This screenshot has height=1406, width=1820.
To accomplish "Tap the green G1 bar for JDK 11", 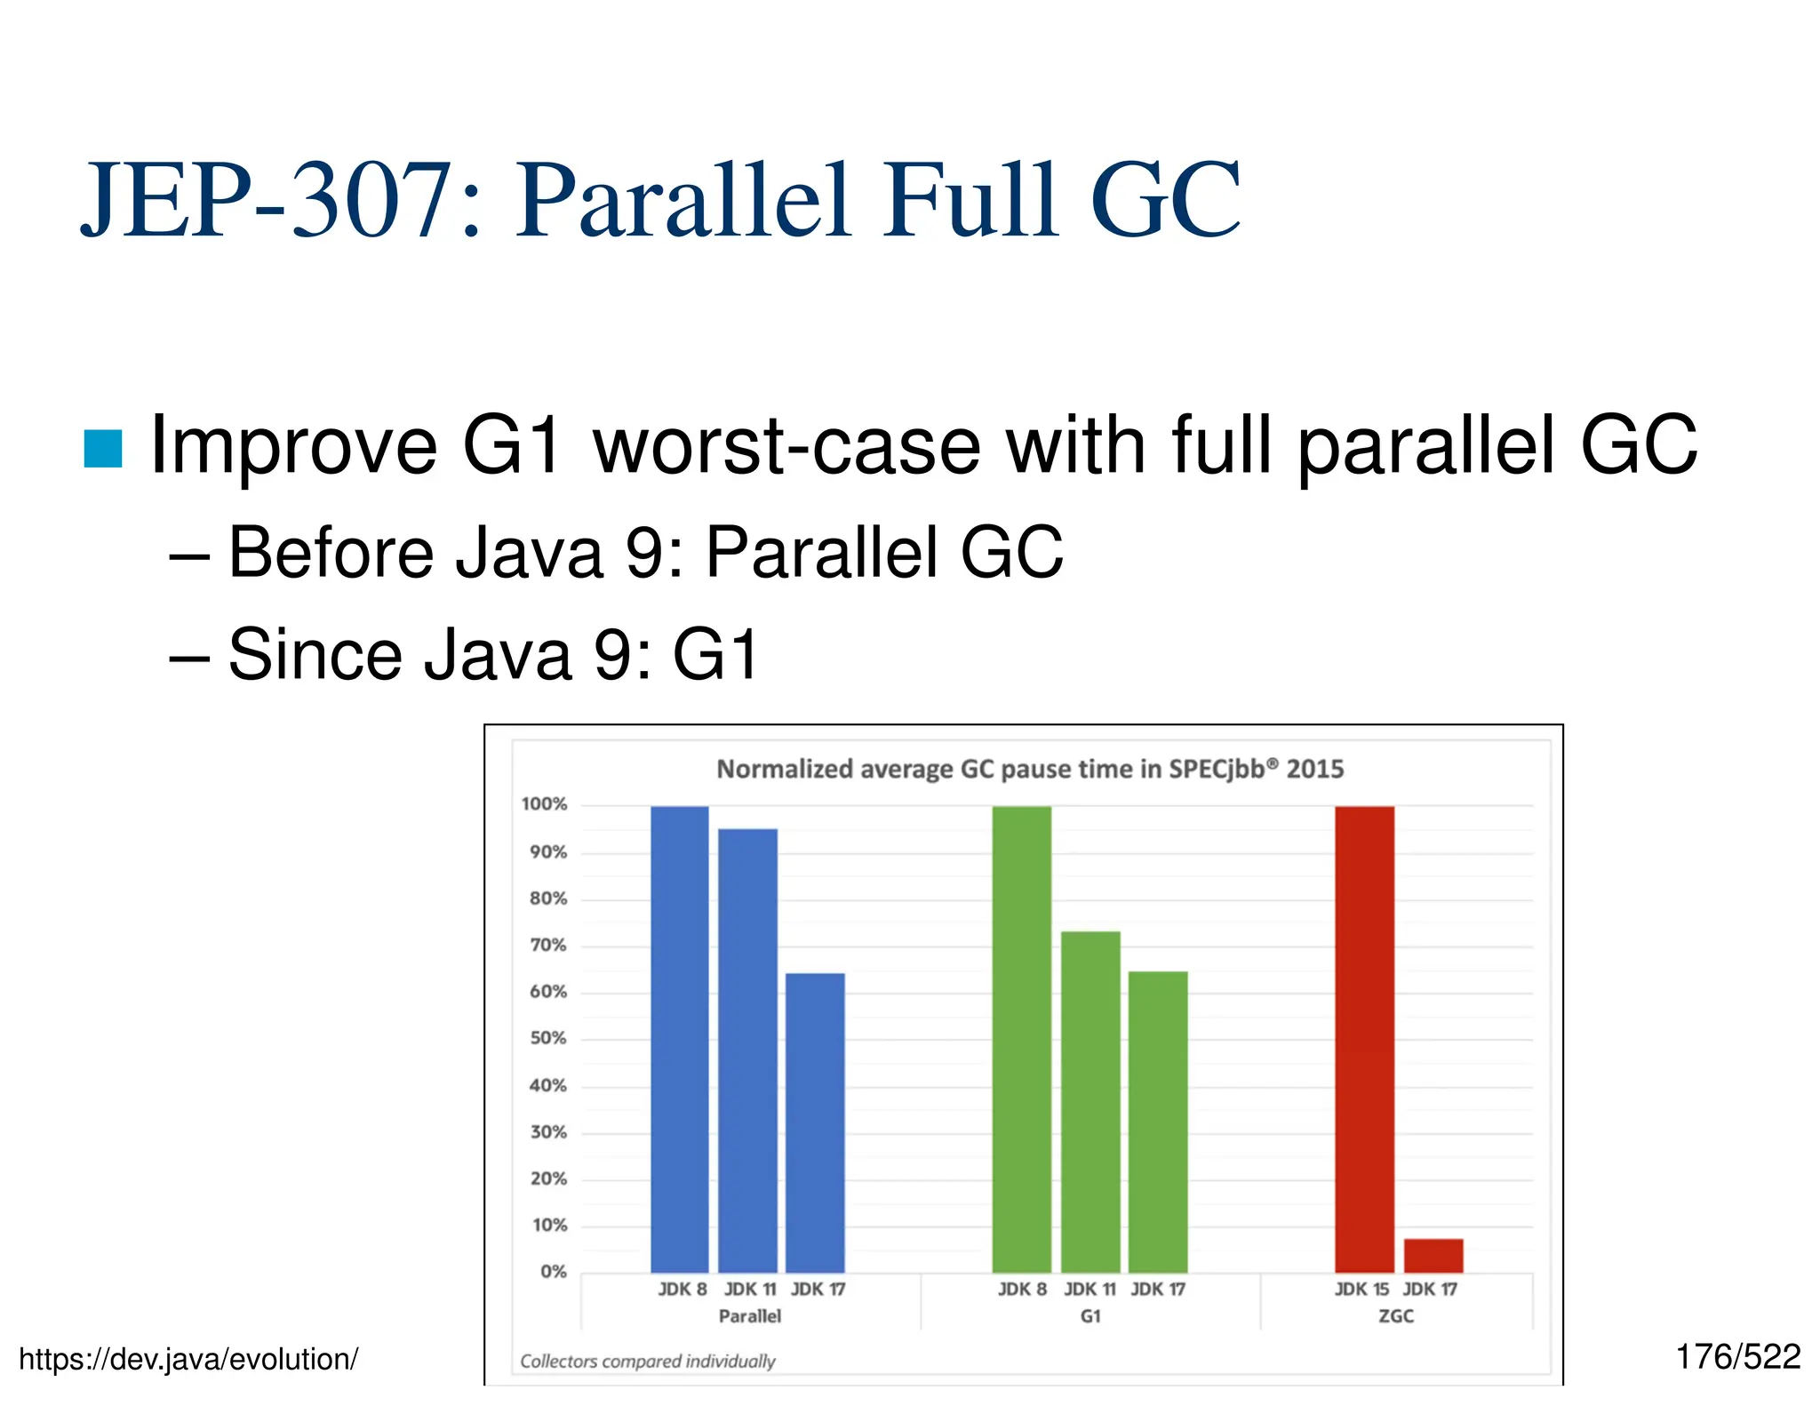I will tap(1090, 1101).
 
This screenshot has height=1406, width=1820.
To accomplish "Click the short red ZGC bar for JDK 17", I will tap(1433, 1255).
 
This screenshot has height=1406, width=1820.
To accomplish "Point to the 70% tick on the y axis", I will tap(547, 946).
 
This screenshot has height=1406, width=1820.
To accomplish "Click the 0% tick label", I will tap(553, 1272).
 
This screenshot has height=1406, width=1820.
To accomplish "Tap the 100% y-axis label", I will tap(544, 804).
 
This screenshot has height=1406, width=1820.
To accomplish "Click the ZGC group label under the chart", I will tap(1395, 1316).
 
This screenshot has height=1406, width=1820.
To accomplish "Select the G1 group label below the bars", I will tap(1090, 1316).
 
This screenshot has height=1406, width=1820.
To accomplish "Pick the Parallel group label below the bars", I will tap(750, 1316).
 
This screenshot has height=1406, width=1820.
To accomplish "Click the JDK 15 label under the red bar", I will tap(1361, 1290).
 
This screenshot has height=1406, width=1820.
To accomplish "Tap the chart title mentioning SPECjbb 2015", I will tap(1030, 769).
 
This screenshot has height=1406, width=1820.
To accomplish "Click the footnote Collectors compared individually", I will tap(647, 1362).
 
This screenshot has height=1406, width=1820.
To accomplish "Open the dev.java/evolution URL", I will tap(188, 1360).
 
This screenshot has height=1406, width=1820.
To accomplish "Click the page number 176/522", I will tap(1737, 1357).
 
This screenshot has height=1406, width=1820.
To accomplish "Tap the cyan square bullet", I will tap(103, 448).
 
